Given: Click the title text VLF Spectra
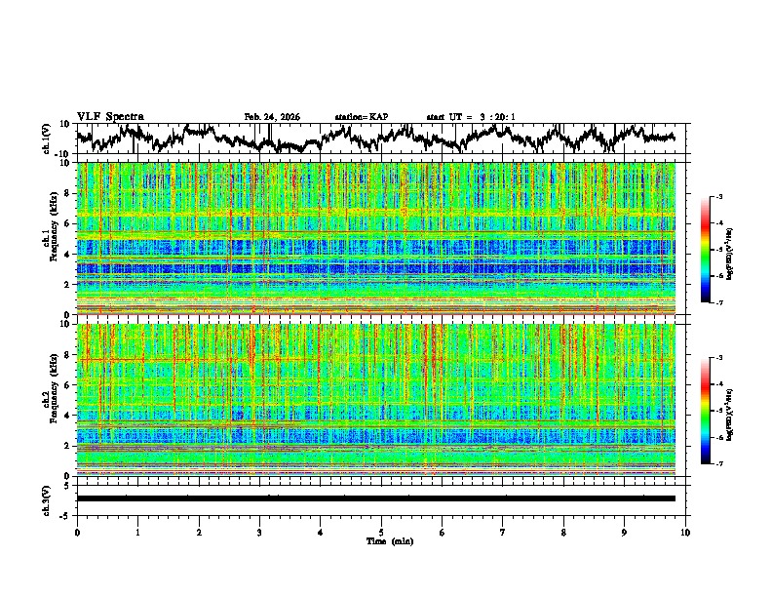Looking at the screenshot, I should pyautogui.click(x=110, y=116).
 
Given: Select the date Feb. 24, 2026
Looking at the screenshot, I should pyautogui.click(x=272, y=117).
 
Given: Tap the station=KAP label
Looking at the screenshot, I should pyautogui.click(x=362, y=117).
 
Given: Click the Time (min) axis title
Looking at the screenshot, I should pyautogui.click(x=389, y=540).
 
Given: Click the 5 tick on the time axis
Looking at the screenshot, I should pyautogui.click(x=381, y=532).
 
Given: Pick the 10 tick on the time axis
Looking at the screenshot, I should pyautogui.click(x=685, y=532).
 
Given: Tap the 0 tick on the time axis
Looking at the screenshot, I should pyautogui.click(x=77, y=532).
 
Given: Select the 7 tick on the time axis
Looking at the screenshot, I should pyautogui.click(x=503, y=532).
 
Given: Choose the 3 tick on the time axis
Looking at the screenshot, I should pyautogui.click(x=259, y=532).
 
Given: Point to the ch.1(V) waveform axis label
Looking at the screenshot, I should pyautogui.click(x=46, y=139).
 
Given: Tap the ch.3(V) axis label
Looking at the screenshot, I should pyautogui.click(x=46, y=497).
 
